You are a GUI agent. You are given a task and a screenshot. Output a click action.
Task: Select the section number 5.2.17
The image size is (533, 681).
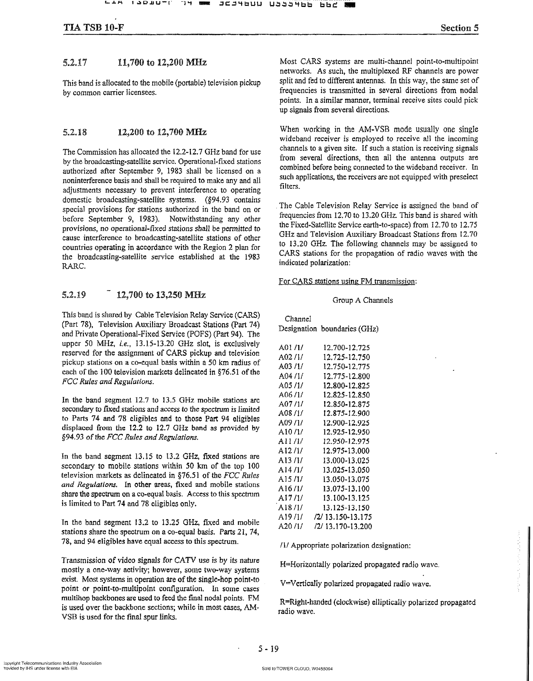[x=75, y=63]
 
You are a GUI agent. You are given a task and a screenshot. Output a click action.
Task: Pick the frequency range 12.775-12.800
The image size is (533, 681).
[x=346, y=376]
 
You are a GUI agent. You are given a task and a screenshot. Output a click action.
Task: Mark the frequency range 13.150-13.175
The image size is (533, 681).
[x=348, y=517]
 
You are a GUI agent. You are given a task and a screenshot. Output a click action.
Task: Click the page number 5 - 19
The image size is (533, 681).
[x=268, y=649]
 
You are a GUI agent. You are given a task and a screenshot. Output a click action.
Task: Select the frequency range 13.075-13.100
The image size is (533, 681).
[x=346, y=489]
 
